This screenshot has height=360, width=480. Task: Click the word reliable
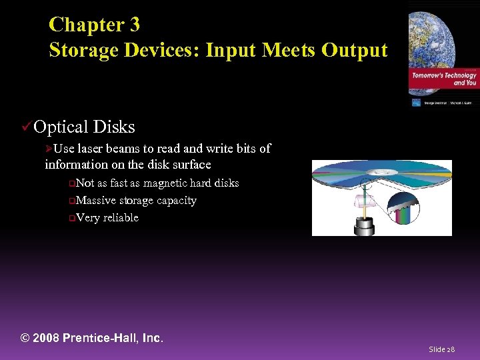coord(121,217)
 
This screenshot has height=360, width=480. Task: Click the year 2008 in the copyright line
coord(46,338)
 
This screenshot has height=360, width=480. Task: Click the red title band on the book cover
coord(443,79)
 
